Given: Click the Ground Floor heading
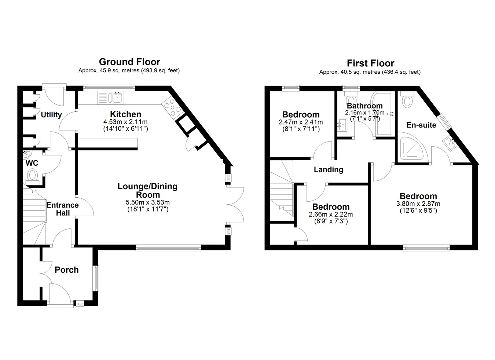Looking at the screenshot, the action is [129, 62].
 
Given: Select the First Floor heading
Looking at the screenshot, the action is [371, 63].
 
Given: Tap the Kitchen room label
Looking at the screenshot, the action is [125, 114].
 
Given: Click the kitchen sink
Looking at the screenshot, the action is [117, 97].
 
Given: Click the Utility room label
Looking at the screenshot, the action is [51, 115].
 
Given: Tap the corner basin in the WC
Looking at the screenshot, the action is [27, 154].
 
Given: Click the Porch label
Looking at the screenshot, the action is [66, 270].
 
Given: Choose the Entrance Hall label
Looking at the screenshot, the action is [63, 209].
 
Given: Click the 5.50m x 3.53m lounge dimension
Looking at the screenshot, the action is [148, 202].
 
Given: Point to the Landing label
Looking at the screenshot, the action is [329, 170].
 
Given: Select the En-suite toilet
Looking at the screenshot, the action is [407, 99].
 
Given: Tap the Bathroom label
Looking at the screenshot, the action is [364, 106].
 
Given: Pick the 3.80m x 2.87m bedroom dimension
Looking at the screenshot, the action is [418, 204].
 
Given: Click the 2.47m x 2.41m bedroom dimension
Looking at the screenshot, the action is [301, 122].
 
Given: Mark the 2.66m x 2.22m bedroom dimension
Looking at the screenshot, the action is [331, 214].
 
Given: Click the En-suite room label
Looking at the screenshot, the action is [421, 125].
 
